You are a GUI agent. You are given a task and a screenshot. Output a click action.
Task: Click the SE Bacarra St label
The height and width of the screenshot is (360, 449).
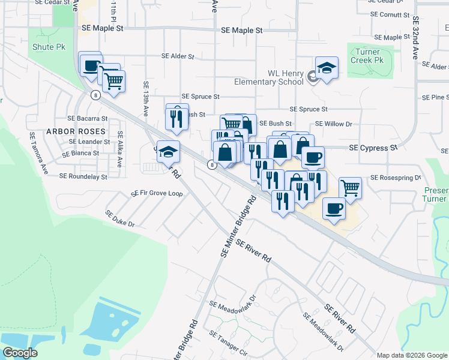(88, 119)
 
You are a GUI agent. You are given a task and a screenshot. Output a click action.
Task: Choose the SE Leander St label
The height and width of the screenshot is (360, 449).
(89, 142)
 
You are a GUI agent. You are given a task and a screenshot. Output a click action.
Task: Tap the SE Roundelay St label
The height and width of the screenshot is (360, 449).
(83, 176)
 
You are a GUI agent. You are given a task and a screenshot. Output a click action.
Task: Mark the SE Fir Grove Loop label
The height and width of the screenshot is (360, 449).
(157, 194)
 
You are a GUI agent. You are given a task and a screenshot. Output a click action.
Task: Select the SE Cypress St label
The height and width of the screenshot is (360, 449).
(373, 147)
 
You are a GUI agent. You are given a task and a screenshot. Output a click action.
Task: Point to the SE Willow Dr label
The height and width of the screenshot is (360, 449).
(333, 124)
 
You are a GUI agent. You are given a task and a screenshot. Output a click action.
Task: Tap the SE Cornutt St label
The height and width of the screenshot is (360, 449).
(390, 14)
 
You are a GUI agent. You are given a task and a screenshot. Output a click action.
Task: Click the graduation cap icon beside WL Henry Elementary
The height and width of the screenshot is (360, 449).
(327, 69)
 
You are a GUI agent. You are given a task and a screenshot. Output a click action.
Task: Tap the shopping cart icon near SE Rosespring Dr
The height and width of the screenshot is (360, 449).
(351, 188)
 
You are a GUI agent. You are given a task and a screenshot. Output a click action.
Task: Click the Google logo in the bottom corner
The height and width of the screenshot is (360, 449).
(20, 353)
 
